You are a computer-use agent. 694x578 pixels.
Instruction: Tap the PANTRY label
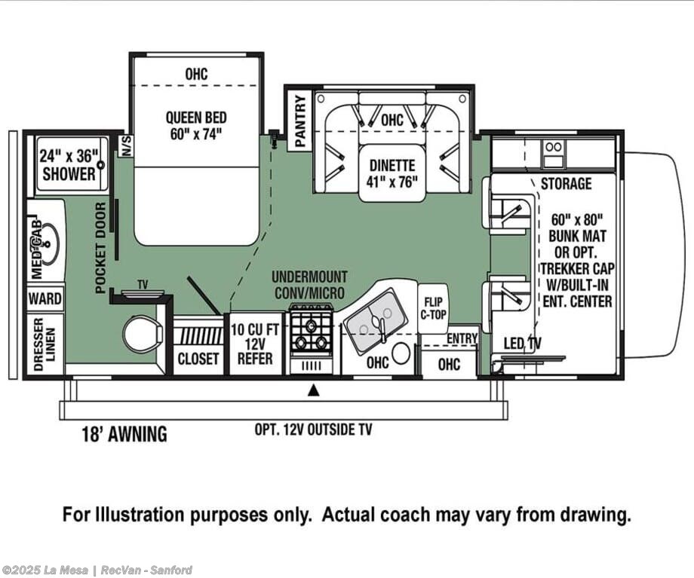click(300, 121)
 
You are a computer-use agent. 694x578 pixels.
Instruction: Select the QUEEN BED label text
click(196, 118)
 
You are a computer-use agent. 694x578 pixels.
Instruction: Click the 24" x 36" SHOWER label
click(69, 164)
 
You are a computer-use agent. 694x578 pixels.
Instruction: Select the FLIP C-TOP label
click(433, 308)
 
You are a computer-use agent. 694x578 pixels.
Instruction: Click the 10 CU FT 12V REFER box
click(256, 344)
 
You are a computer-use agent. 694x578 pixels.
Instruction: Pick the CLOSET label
click(198, 359)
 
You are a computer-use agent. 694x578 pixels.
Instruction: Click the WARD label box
click(45, 298)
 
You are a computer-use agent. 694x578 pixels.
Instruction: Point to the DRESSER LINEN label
click(45, 344)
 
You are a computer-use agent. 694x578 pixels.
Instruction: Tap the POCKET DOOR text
click(101, 248)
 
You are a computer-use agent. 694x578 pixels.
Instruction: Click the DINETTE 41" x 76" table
click(392, 173)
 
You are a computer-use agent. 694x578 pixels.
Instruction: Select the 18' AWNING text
click(124, 434)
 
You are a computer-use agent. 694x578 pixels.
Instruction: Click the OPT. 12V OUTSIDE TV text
click(313, 430)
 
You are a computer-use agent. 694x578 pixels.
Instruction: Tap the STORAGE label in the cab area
click(566, 183)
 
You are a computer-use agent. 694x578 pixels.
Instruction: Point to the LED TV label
click(522, 343)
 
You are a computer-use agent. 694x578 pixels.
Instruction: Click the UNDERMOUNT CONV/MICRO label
click(309, 285)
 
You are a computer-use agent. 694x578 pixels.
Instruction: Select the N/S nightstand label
click(127, 145)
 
